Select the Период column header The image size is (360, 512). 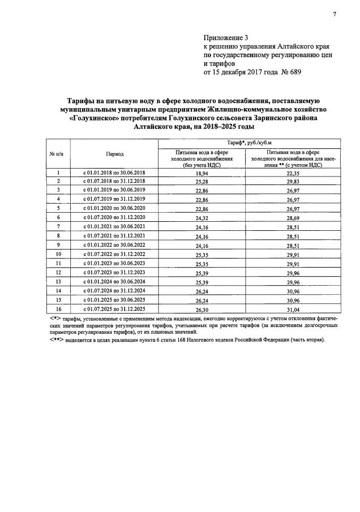(114, 153)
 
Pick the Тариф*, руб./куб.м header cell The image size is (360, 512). (247, 143)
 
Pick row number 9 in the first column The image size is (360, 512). (59, 244)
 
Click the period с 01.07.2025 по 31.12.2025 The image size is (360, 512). (114, 309)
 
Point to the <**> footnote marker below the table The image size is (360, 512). (55, 339)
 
